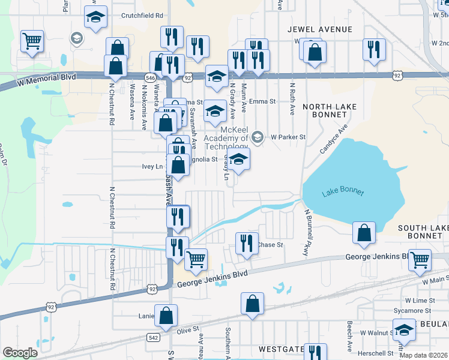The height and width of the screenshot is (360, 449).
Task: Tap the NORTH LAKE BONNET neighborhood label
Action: click(330, 111)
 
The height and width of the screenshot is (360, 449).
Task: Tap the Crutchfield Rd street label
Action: click(142, 16)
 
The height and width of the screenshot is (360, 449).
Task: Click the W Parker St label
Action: click(288, 137)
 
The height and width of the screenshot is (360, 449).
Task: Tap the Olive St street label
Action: click(187, 330)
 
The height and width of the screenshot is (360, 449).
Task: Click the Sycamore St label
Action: click(417, 311)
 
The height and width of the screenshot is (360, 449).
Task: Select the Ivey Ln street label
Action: click(152, 166)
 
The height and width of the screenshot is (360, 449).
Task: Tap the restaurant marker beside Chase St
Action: click(247, 244)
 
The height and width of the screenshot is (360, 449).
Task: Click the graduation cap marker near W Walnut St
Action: click(405, 329)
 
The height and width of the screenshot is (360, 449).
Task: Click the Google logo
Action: click(20, 353)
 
